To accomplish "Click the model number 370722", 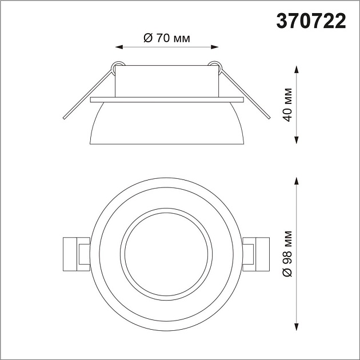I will (x=311, y=21).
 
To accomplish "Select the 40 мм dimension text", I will (x=288, y=105).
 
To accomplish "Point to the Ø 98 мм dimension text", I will (x=288, y=255).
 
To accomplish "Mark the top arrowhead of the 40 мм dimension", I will (x=297, y=69).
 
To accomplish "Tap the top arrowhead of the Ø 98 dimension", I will (x=297, y=179).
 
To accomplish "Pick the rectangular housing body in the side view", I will (x=166, y=81).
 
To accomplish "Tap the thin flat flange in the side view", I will (x=167, y=100).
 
